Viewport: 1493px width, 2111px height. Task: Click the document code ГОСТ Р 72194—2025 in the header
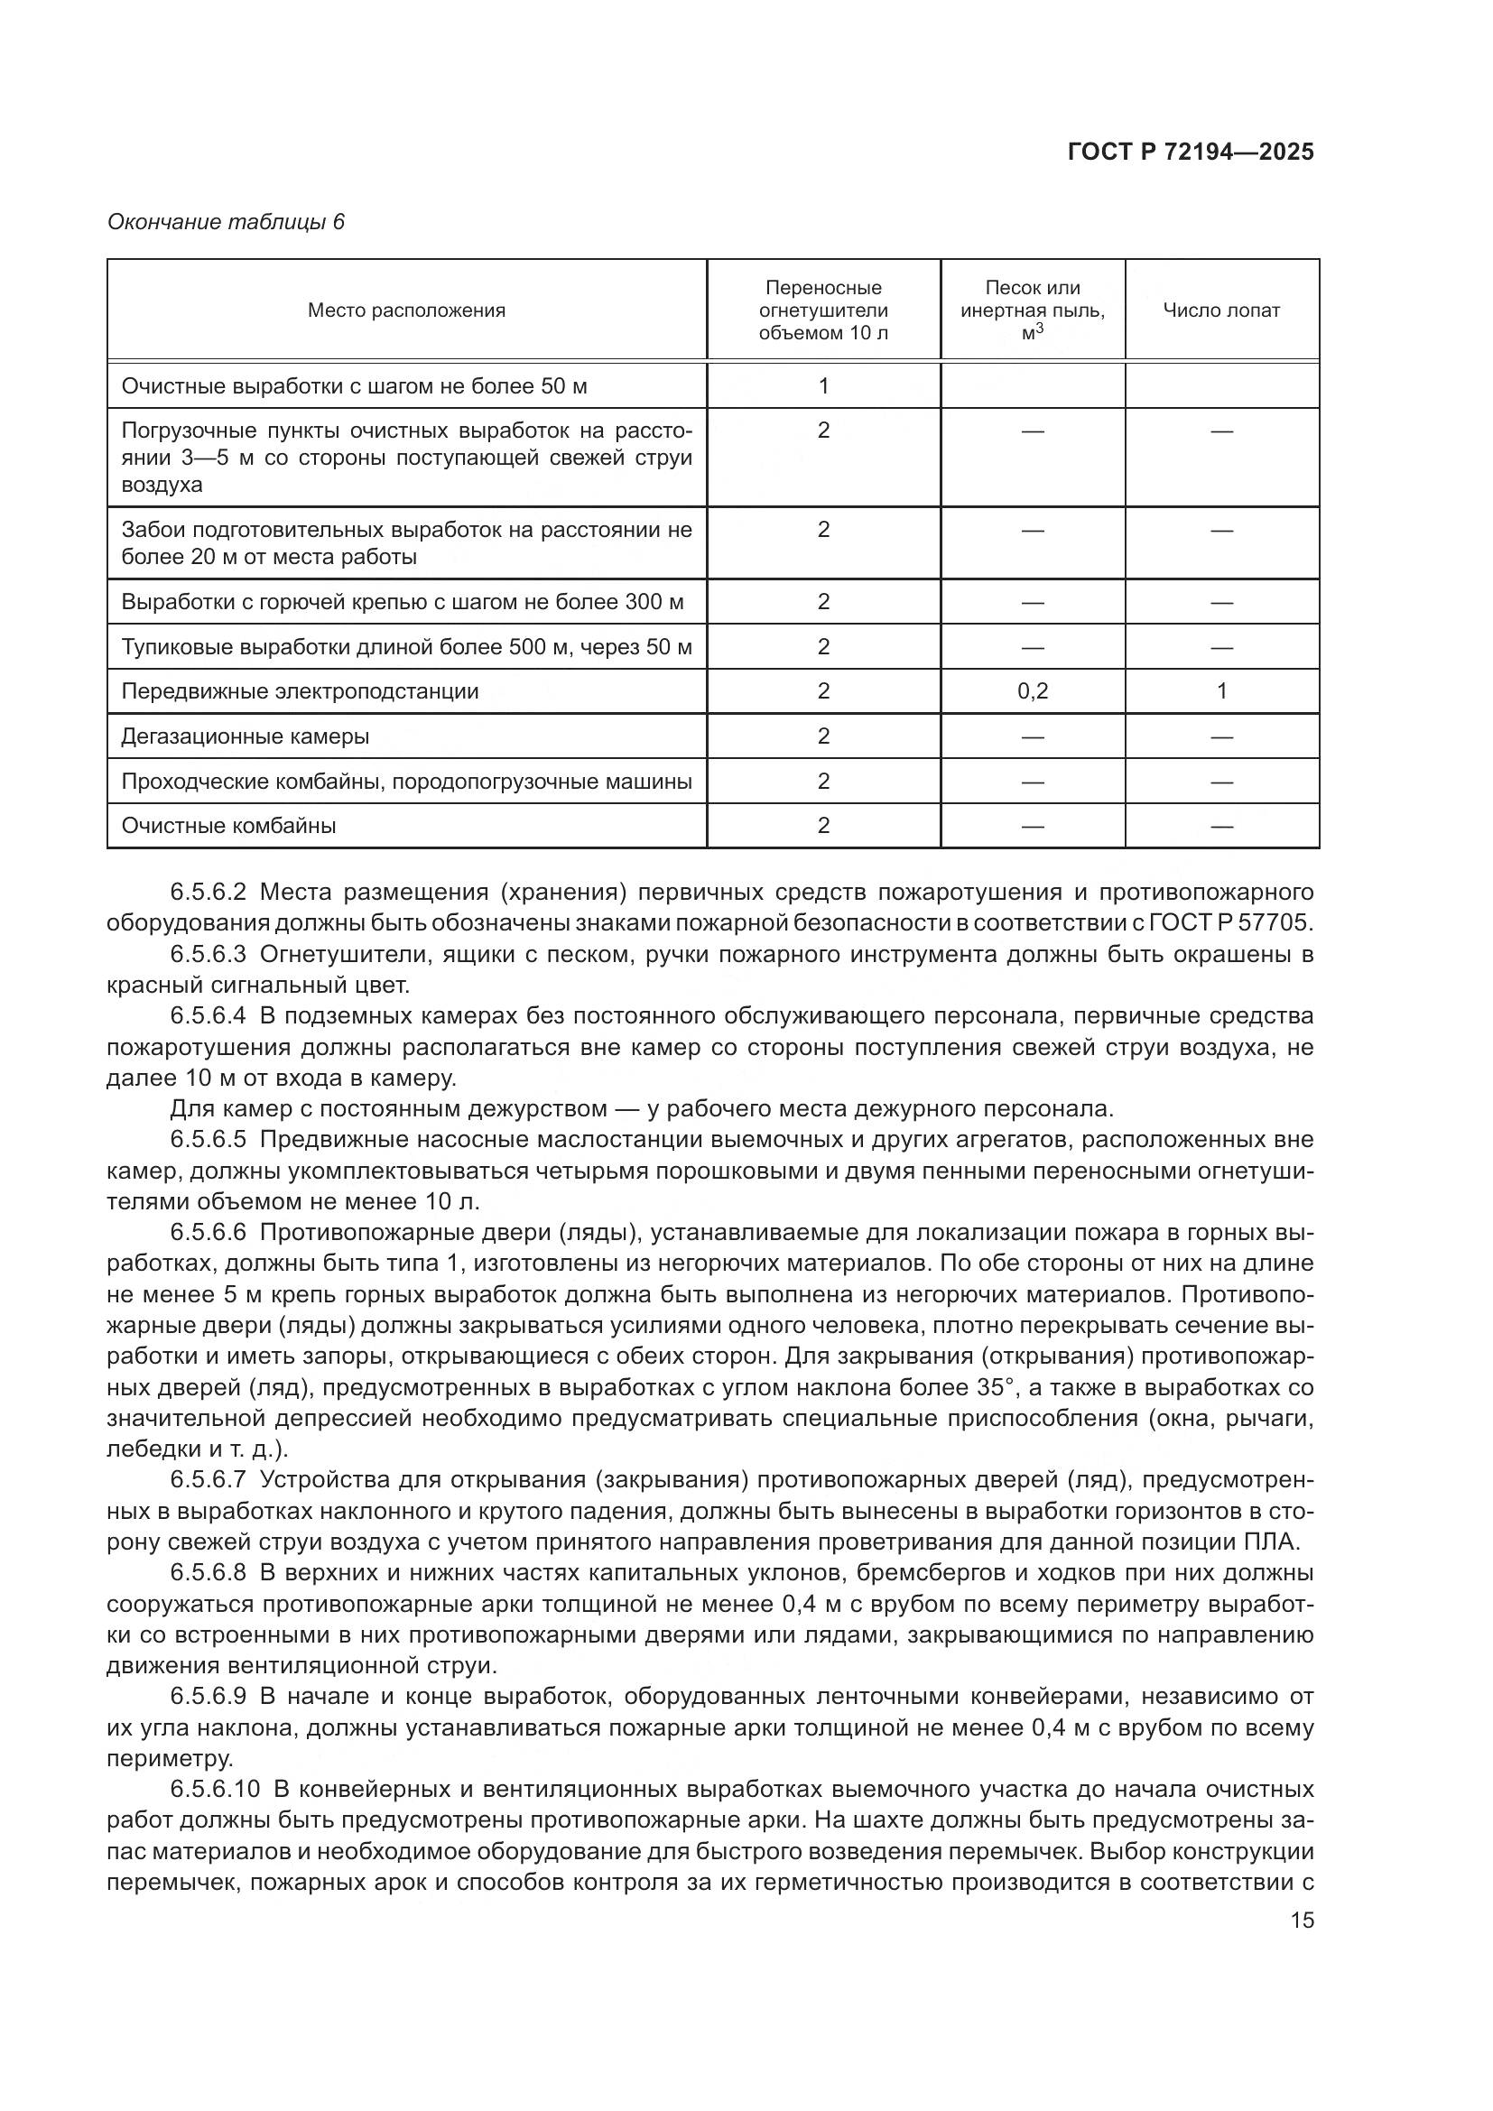coord(1191,152)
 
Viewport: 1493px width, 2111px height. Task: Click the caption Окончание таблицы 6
coord(226,222)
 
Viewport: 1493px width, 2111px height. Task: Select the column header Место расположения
coord(406,310)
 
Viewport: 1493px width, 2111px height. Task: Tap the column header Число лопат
coord(1221,310)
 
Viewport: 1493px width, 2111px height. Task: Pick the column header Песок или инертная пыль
coord(1033,310)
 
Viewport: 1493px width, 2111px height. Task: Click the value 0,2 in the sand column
coord(1033,691)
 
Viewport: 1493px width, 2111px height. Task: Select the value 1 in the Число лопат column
coord(1221,691)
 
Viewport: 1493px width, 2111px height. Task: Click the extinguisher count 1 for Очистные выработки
coord(823,386)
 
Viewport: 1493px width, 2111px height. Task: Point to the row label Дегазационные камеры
coord(246,736)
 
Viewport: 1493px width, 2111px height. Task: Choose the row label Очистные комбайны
coord(229,826)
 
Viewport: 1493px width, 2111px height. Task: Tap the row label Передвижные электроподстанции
coord(300,691)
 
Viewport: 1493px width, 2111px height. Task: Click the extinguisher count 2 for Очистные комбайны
coord(823,826)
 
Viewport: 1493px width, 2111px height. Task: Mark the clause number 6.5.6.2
coord(208,892)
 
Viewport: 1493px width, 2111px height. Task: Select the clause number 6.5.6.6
coord(208,1232)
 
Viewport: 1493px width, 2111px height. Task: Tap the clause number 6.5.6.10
coord(214,1789)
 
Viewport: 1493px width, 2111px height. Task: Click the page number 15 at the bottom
coord(1302,1920)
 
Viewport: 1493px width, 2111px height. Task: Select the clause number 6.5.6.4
coord(208,1016)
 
